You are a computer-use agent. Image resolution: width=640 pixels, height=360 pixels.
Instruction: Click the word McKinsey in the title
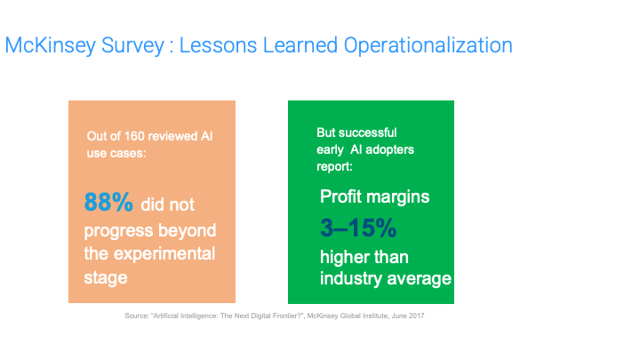tap(50, 45)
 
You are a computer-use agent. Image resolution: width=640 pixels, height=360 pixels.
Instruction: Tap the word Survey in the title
tap(132, 45)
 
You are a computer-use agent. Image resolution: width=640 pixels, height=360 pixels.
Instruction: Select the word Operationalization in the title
tap(428, 45)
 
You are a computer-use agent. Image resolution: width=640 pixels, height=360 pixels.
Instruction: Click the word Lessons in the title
tap(219, 45)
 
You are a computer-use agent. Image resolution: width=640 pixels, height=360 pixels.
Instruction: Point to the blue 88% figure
tap(108, 202)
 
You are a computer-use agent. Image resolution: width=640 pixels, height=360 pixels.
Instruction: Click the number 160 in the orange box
tap(132, 136)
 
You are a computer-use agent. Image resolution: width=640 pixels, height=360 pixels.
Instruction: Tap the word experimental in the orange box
tap(164, 255)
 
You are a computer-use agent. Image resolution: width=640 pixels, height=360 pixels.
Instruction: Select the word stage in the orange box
tap(106, 278)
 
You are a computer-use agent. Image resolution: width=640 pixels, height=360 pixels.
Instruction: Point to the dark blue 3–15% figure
tap(358, 228)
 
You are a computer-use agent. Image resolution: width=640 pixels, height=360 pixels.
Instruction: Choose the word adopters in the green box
tap(389, 150)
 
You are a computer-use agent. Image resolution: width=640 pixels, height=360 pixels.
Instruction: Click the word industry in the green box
tap(351, 279)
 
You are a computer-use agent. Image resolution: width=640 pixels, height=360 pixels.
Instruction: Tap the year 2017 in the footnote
tap(416, 316)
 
